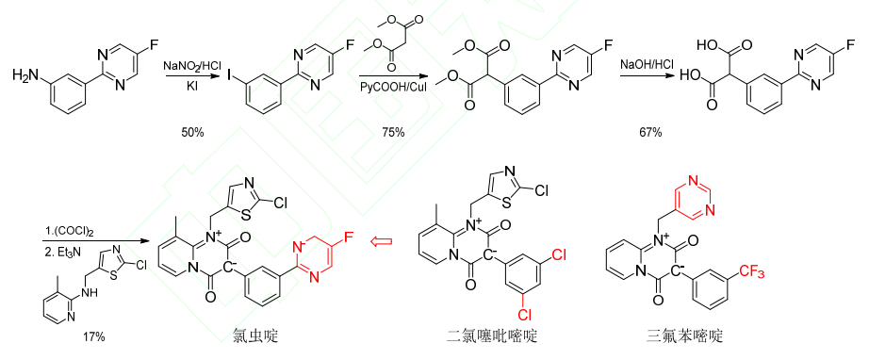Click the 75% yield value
pos(393,132)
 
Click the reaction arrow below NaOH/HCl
pos(649,78)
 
